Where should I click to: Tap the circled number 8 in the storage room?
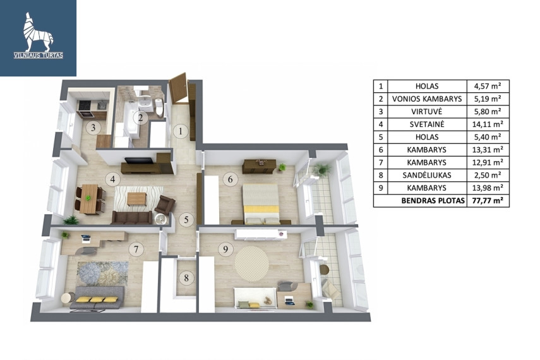tap(186, 278)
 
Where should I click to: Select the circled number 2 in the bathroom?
tap(140, 118)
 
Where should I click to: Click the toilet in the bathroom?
tap(159, 107)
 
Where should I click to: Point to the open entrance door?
tap(178, 88)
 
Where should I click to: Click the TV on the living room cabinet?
tap(139, 160)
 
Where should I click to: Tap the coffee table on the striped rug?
tap(136, 199)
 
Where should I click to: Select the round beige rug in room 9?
tap(252, 263)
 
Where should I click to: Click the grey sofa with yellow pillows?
tap(97, 297)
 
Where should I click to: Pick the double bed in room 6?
tap(261, 204)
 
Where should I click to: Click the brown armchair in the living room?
tap(165, 205)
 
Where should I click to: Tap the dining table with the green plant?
tap(88, 199)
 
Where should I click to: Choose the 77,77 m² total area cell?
tap(488, 200)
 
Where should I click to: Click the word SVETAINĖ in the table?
tap(427, 124)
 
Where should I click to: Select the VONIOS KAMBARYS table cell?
tap(427, 99)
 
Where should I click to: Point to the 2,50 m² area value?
tap(488, 175)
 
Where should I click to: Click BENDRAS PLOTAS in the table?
tap(433, 200)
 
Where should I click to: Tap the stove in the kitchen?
tap(85, 105)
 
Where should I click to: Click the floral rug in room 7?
tap(102, 273)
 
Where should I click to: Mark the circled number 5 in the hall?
tap(186, 219)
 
